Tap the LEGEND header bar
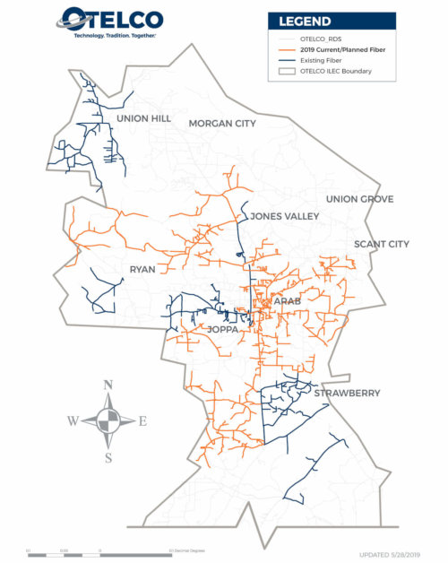pos(332,22)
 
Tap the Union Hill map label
pos(143,118)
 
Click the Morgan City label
pos(222,123)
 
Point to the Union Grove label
pos(359,199)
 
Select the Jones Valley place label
pos(285,216)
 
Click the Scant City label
pos(381,244)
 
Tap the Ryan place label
pos(142,270)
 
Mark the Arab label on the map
pos(288,301)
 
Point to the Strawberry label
pos(347,393)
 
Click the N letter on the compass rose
pos(108,385)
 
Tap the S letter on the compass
pos(108,458)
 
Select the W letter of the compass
pos(73,420)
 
